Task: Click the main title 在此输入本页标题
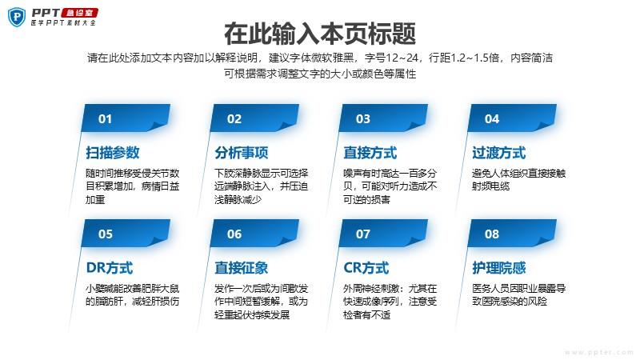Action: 320,34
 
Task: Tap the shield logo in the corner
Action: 17,17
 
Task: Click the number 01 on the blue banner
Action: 105,118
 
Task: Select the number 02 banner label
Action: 234,118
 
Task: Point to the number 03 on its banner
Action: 363,118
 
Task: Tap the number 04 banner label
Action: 492,118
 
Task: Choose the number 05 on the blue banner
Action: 106,234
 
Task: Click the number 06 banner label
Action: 234,234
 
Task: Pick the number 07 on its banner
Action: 363,234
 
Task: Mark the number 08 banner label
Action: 492,234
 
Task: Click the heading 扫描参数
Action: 113,153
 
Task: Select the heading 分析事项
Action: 242,153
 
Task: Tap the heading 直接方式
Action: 370,153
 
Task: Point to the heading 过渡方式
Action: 498,153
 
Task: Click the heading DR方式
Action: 110,268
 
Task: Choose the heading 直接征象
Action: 242,268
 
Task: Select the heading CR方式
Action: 366,268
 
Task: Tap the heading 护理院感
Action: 498,268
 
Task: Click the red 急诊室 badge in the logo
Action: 80,13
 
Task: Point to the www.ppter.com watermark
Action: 598,352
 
